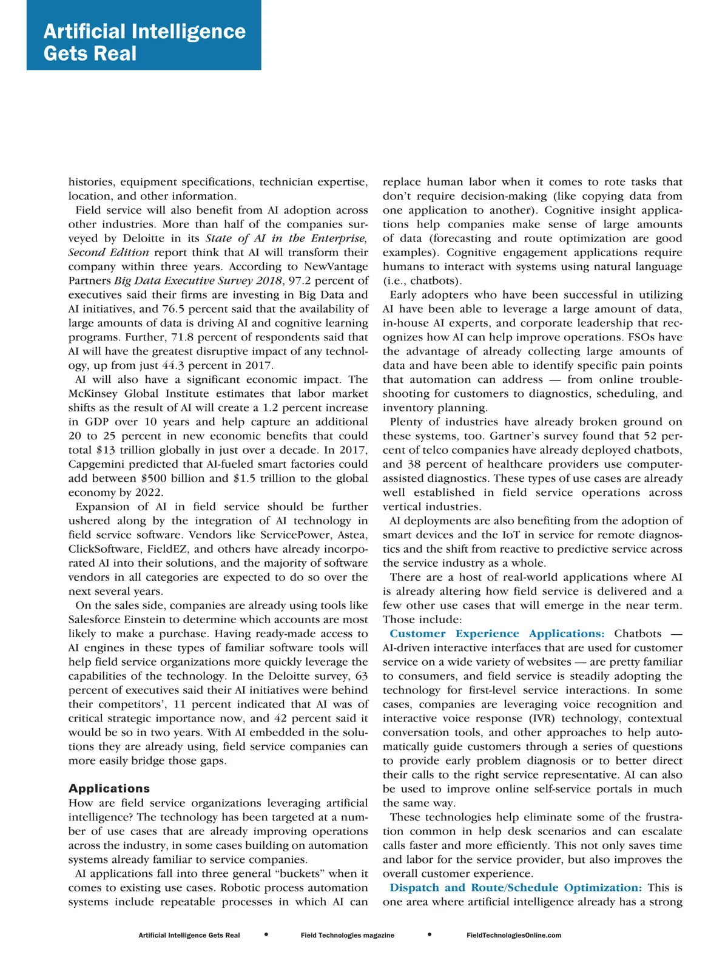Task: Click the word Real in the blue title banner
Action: click(x=115, y=54)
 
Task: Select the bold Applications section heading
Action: click(x=109, y=788)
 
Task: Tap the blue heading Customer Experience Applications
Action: click(x=497, y=634)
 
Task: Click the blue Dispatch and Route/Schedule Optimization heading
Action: click(x=516, y=887)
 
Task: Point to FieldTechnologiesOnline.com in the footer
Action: click(x=514, y=935)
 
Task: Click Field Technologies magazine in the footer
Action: click(x=347, y=935)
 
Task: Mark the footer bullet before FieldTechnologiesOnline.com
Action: click(x=430, y=935)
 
